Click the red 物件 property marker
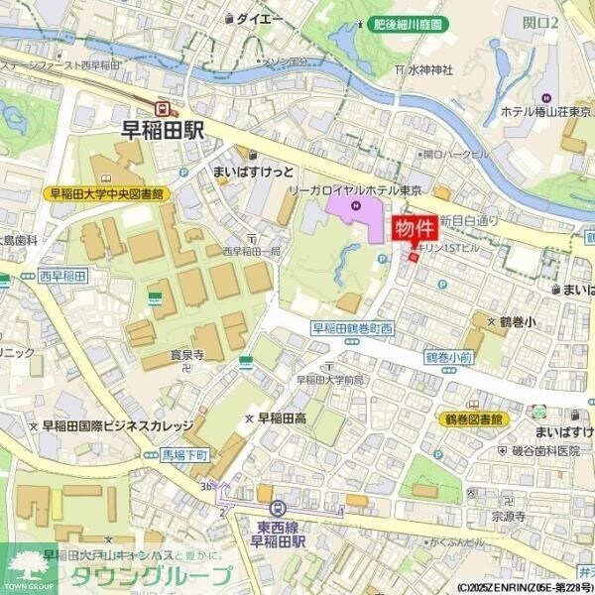pos(416,229)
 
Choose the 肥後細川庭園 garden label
pos(408,24)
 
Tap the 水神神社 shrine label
pos(428,69)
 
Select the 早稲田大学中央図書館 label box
pos(107,194)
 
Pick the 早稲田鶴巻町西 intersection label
pos(353,328)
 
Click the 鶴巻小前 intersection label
pos(447,356)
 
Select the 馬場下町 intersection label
pos(184,454)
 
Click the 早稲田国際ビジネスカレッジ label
pos(117,425)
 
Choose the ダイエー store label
pos(259,18)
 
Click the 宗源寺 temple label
pos(507,516)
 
